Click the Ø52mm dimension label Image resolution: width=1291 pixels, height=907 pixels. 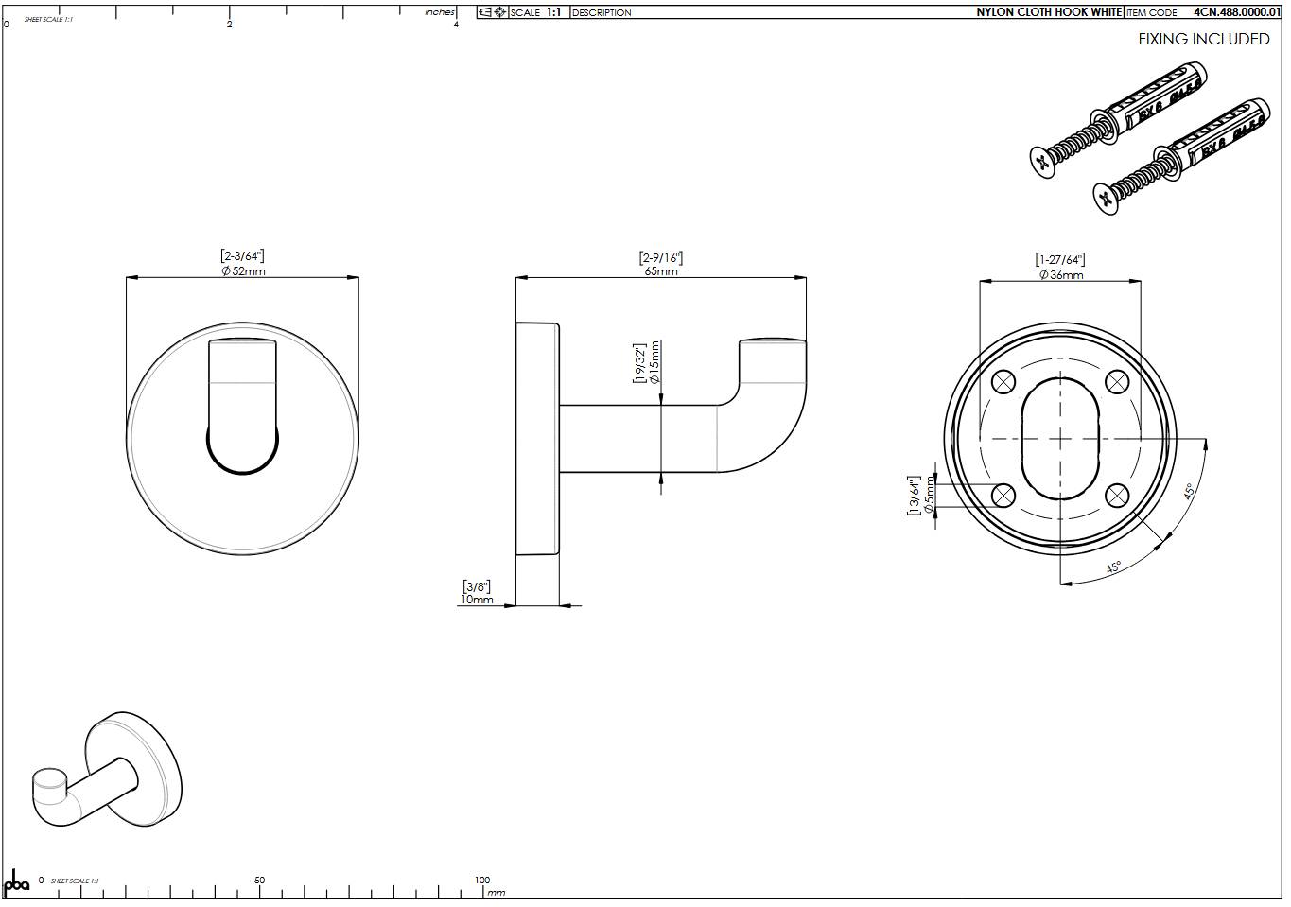[243, 271]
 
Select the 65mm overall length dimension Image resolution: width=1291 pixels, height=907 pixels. [660, 271]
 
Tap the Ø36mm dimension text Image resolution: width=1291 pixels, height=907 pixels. [1061, 275]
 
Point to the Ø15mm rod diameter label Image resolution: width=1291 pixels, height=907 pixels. [654, 363]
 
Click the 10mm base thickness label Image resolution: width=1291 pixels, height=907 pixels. [477, 600]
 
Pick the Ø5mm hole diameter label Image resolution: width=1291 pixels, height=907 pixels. [929, 496]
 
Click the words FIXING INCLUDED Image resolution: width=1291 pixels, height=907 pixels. [1203, 39]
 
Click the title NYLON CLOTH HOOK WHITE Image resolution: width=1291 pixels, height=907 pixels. [1049, 12]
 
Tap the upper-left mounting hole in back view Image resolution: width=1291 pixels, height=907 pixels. [1003, 382]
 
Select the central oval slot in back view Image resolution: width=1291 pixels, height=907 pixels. [1060, 439]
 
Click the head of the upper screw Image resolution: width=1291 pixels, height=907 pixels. [1042, 162]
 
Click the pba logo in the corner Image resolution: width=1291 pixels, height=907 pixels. [17, 882]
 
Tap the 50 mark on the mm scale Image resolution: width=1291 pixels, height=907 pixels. [260, 881]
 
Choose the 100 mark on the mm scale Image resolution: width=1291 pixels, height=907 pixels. [482, 881]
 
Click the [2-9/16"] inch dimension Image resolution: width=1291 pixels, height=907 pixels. [660, 257]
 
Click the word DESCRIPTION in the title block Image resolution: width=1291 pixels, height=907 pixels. [602, 13]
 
